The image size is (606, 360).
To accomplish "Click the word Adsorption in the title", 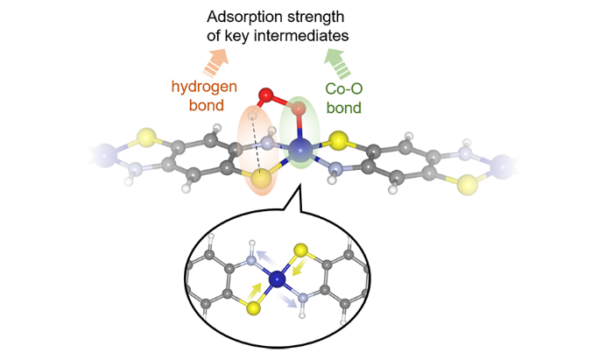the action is click(x=241, y=17).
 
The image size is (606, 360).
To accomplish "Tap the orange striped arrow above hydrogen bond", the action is click(x=216, y=62).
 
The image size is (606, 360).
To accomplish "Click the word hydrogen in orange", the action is click(x=204, y=87).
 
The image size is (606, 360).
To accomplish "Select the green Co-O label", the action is click(x=344, y=89).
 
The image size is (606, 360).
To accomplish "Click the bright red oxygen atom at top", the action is click(x=266, y=95).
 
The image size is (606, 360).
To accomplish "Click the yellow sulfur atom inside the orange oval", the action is click(x=260, y=180).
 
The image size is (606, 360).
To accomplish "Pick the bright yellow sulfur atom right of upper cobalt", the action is click(x=339, y=141).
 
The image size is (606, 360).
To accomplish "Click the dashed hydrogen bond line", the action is click(x=257, y=145).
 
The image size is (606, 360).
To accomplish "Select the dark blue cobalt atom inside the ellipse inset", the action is click(x=277, y=279).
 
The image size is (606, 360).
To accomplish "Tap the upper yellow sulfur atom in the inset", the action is click(x=300, y=251).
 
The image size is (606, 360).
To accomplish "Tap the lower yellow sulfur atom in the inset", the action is click(x=254, y=307).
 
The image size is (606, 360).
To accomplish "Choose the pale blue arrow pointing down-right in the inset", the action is click(x=287, y=300).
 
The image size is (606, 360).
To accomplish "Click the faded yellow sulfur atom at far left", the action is click(x=146, y=138).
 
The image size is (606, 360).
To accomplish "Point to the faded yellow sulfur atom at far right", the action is click(x=468, y=185).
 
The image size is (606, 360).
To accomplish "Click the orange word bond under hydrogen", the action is click(x=207, y=106).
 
